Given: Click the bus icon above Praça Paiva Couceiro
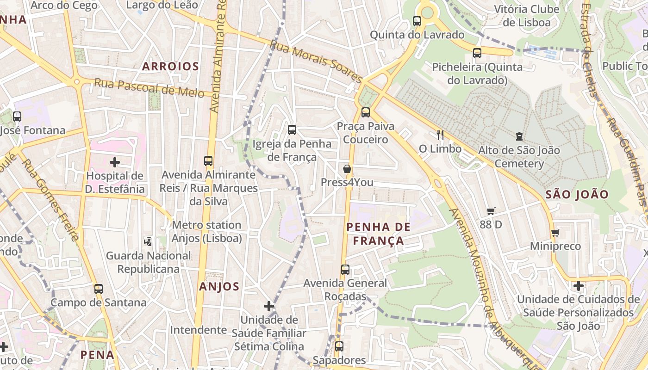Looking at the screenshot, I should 366,112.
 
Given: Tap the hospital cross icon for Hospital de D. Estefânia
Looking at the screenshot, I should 115,162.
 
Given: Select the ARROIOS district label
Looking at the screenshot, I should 170,67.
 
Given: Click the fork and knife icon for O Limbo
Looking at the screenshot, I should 440,135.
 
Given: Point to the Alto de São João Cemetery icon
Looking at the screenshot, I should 519,136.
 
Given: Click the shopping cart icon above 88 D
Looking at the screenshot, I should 491,211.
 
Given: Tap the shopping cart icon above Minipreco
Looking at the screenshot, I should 555,233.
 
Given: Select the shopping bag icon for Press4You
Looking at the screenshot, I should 347,169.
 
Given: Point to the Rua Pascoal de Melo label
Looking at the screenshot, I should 149,87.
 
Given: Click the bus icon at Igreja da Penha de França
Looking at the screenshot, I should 292,130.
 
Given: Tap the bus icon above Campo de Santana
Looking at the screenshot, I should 99,289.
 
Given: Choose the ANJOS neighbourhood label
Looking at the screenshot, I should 219,287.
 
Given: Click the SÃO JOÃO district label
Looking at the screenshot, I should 577,194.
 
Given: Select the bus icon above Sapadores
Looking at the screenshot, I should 339,346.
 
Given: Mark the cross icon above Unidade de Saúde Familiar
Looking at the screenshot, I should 269,306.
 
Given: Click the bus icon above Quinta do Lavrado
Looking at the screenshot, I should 417,21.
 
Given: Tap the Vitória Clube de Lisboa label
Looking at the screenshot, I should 527,16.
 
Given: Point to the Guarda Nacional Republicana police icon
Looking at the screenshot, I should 148,241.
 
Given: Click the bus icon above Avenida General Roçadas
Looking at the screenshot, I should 345,269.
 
